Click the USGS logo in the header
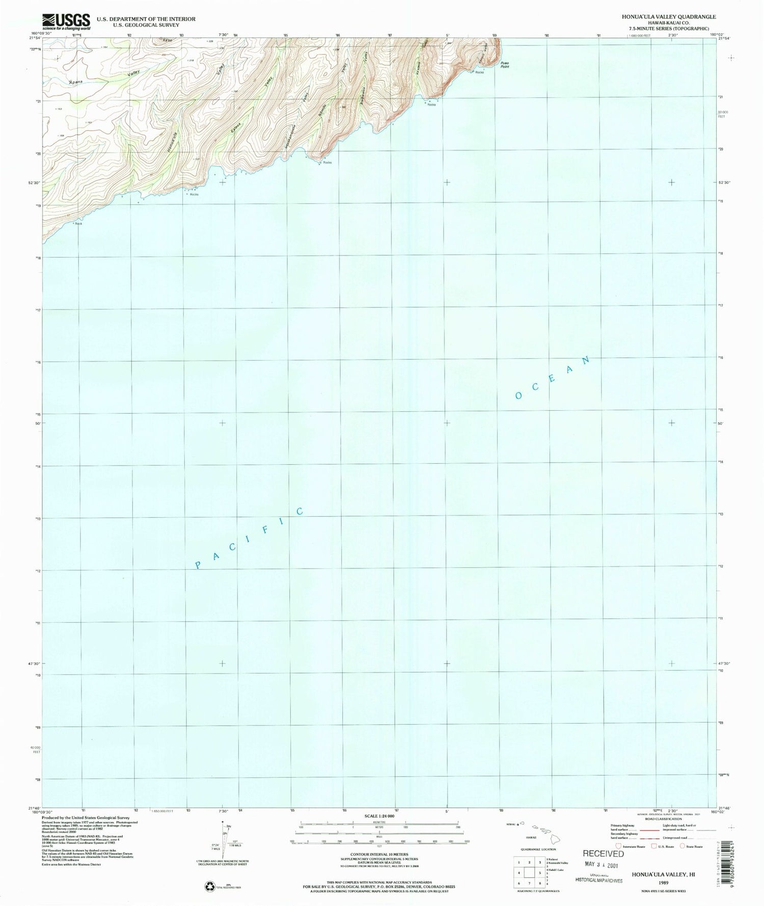(x=66, y=21)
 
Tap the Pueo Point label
(x=504, y=65)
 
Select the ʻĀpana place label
(x=75, y=82)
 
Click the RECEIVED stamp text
(x=603, y=854)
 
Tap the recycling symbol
(x=210, y=887)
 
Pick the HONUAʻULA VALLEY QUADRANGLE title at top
(x=668, y=17)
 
